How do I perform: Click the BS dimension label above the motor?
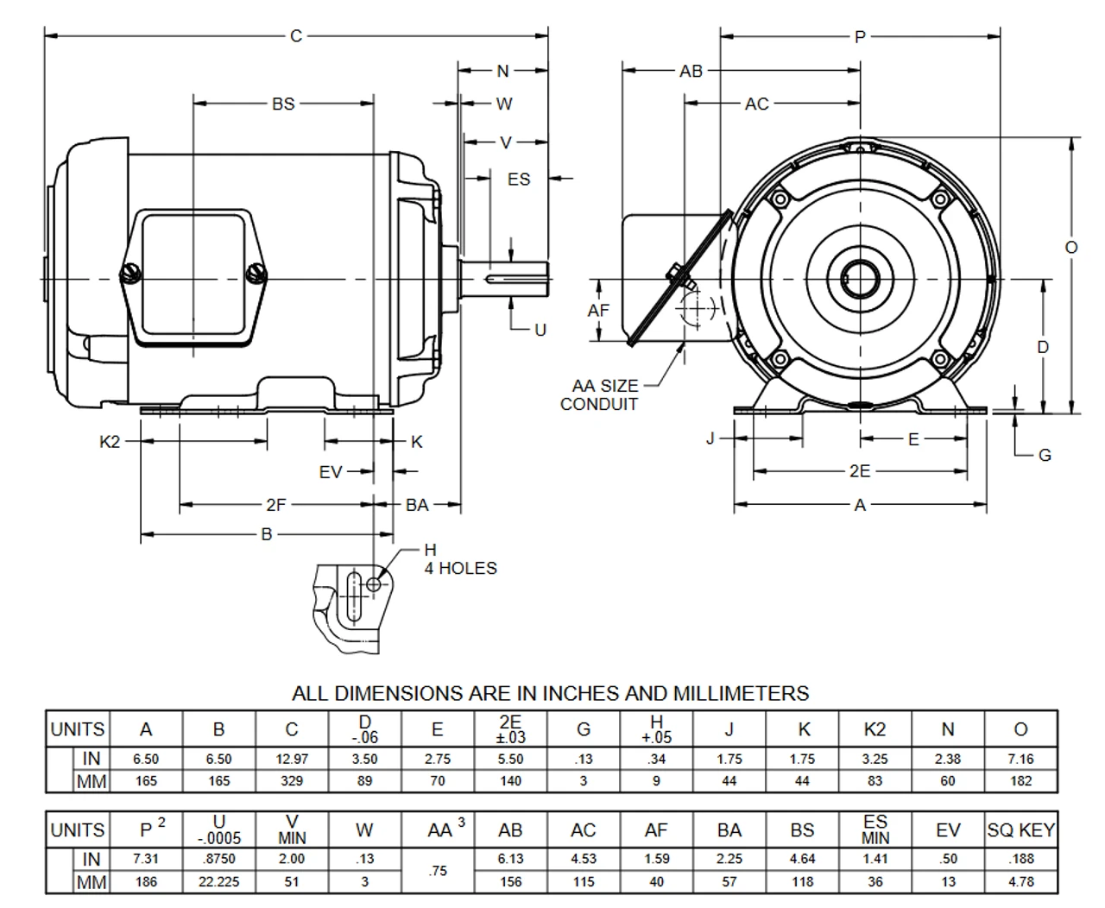click(x=283, y=104)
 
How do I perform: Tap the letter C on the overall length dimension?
click(x=296, y=36)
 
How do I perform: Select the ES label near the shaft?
click(x=519, y=180)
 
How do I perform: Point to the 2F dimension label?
click(x=275, y=505)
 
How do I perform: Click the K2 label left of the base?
click(x=110, y=442)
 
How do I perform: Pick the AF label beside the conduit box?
click(x=599, y=310)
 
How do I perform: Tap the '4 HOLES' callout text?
click(x=460, y=568)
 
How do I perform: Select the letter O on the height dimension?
click(x=1071, y=247)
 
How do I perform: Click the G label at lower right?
click(x=1045, y=455)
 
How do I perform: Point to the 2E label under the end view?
click(x=859, y=471)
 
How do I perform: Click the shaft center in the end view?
click(x=860, y=279)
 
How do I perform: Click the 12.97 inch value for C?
click(x=292, y=760)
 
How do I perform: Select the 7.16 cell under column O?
click(x=1020, y=760)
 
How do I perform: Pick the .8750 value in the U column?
click(x=218, y=860)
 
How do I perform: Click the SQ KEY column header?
click(x=1020, y=830)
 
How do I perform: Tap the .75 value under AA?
click(x=438, y=871)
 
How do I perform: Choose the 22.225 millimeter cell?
click(x=218, y=882)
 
